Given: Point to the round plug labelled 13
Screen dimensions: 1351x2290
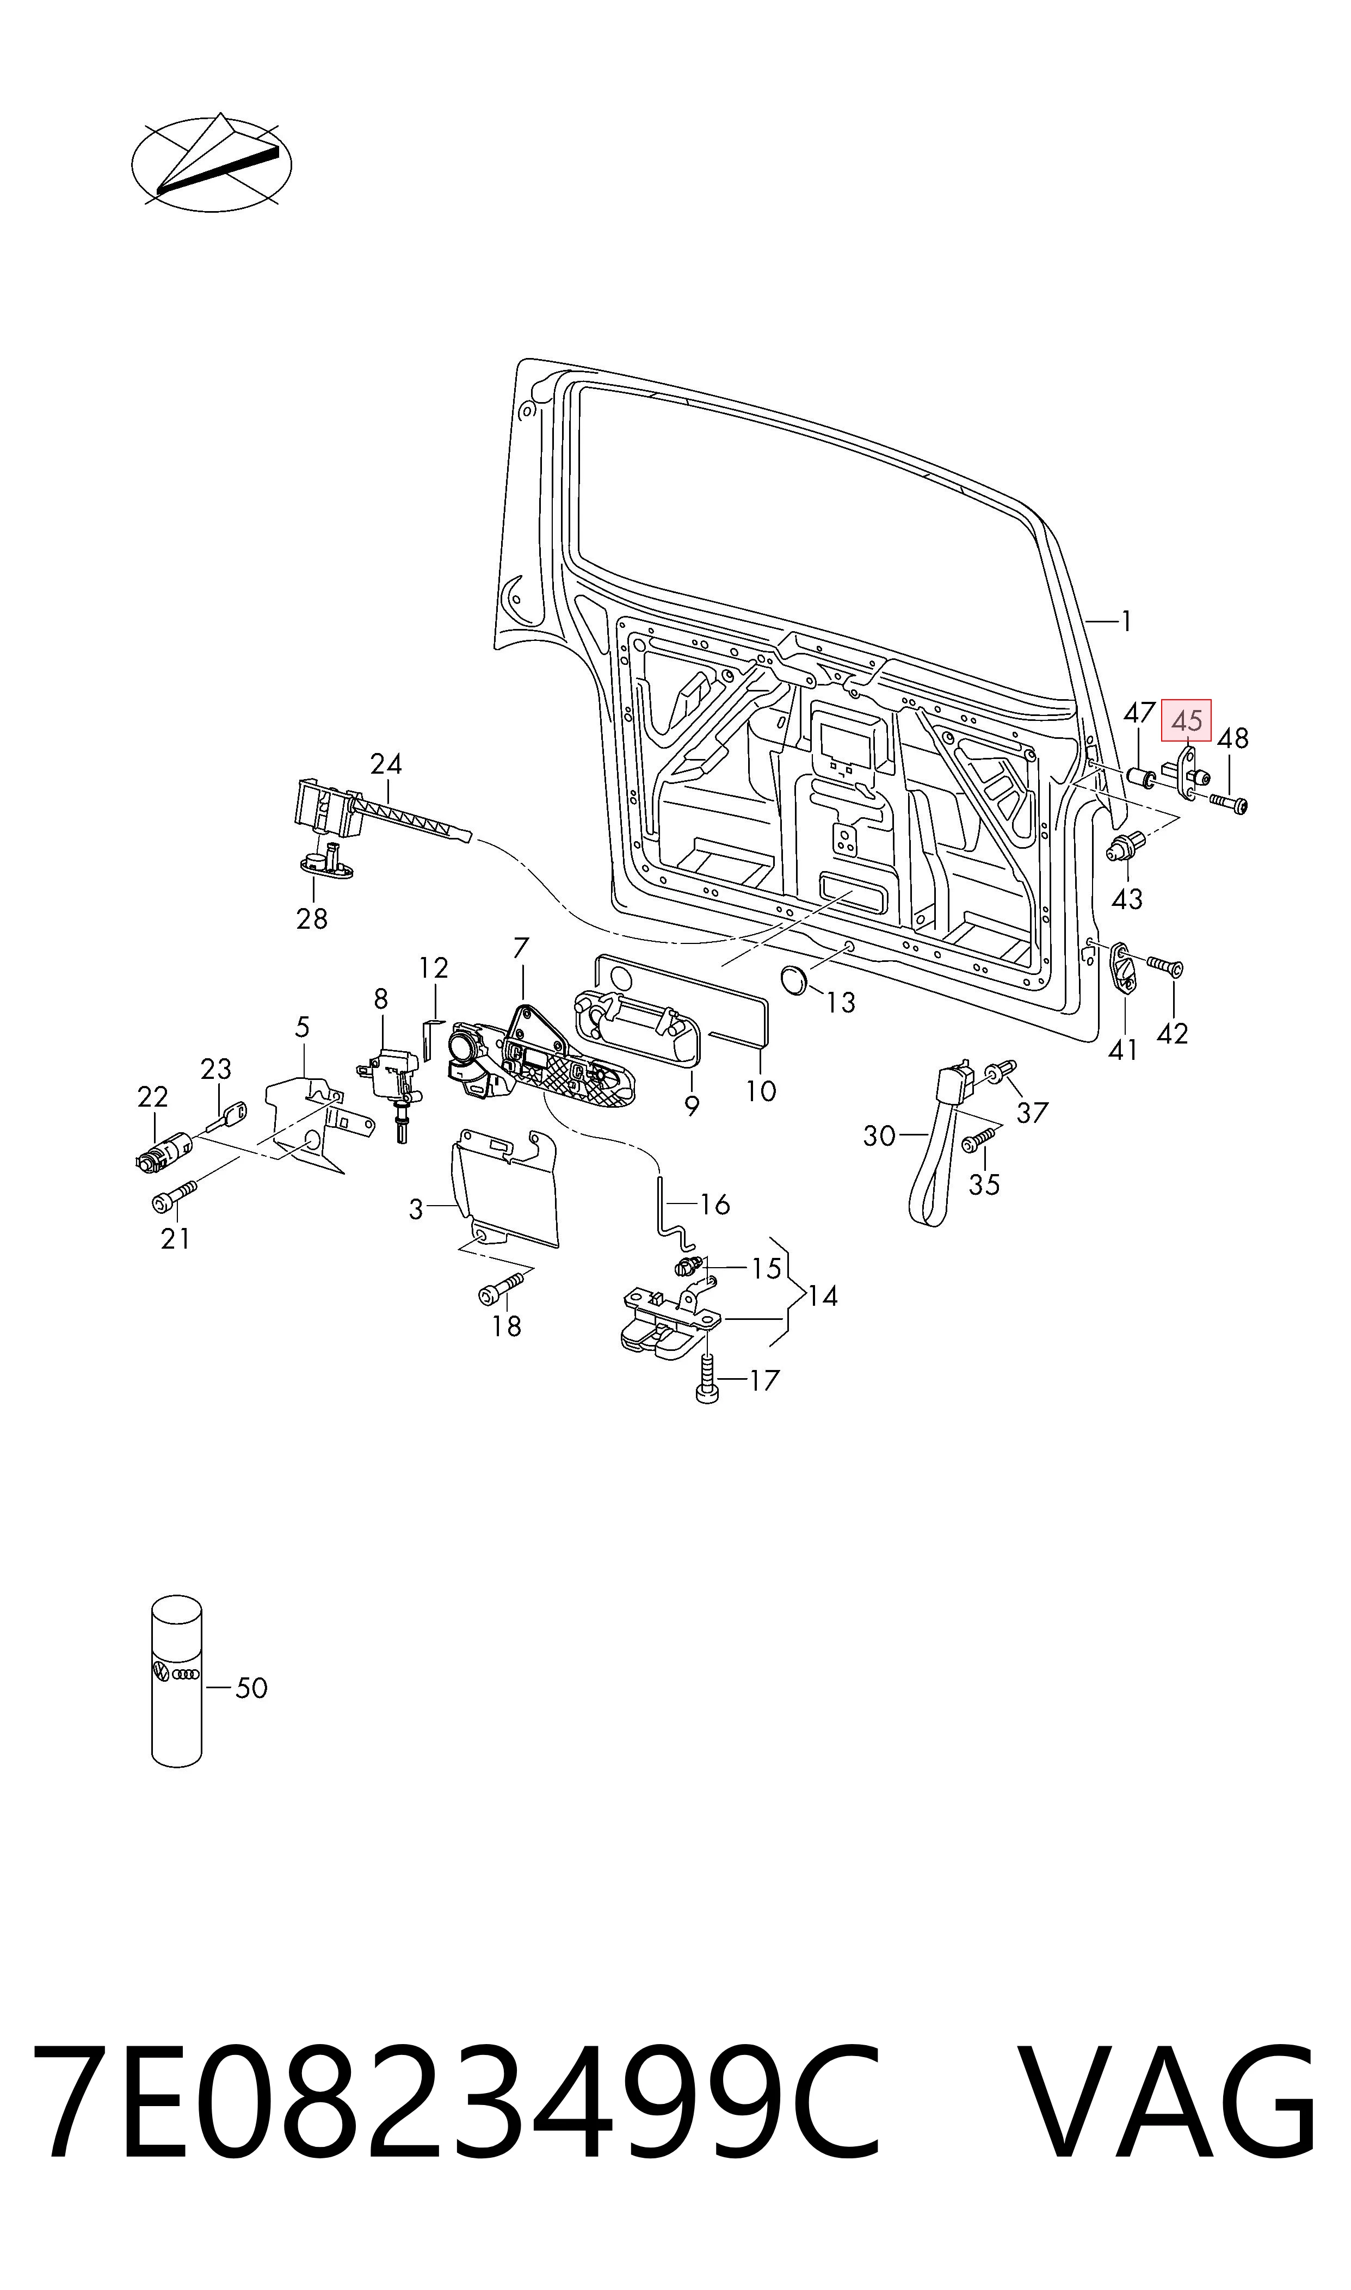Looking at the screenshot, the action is point(795,981).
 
